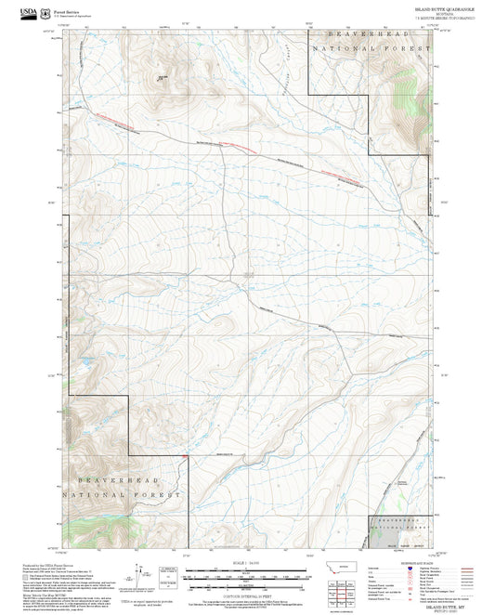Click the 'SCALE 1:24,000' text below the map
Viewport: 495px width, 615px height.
tap(247, 563)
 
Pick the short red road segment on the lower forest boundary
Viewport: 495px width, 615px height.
tap(187, 455)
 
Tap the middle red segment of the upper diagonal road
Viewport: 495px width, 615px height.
tap(236, 145)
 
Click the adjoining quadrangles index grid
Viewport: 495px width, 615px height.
tap(350, 590)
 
